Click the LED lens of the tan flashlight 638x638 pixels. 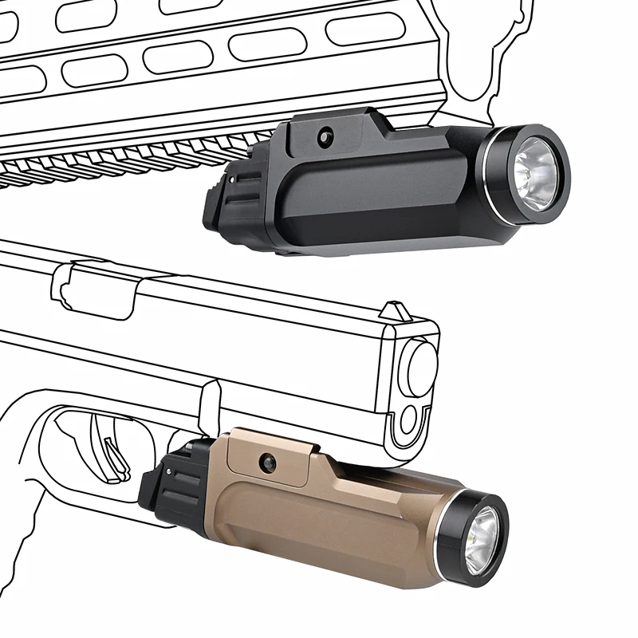coord(481,539)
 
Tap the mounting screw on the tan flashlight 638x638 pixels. coord(267,462)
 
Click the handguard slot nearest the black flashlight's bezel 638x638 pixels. coord(364,29)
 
